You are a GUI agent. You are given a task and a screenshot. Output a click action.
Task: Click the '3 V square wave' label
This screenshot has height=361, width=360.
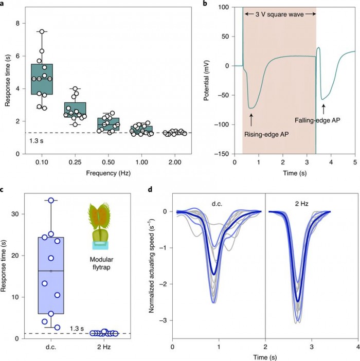279,13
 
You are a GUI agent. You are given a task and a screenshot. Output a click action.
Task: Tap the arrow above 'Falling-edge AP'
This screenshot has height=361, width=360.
323,109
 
